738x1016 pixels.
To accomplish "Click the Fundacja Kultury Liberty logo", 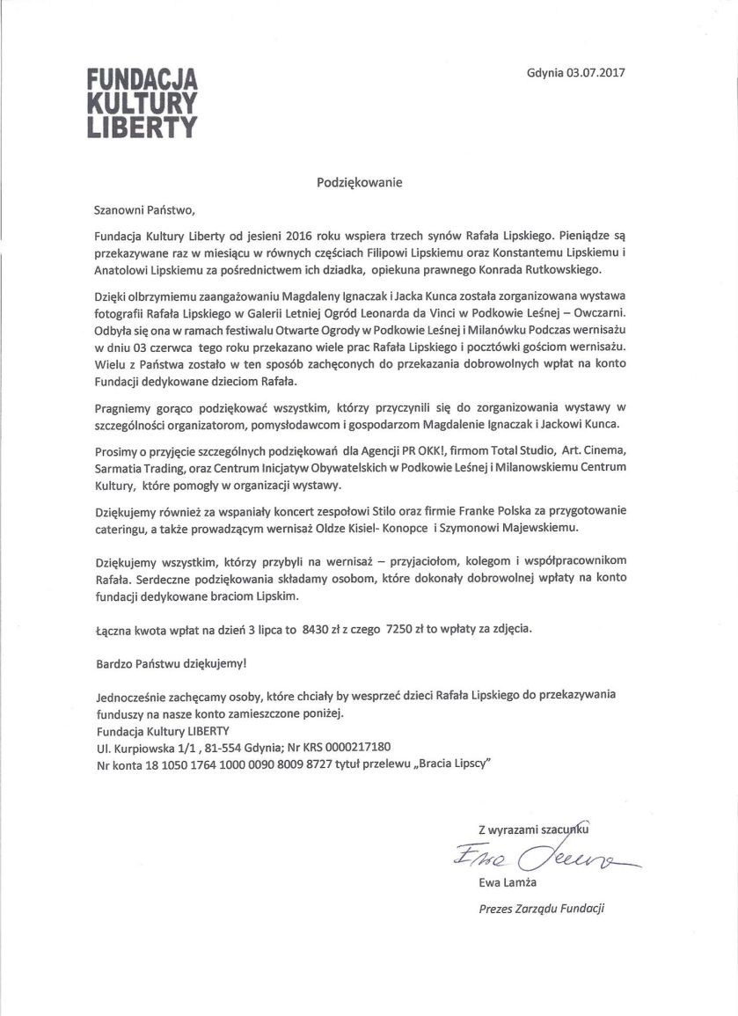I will (x=142, y=102).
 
